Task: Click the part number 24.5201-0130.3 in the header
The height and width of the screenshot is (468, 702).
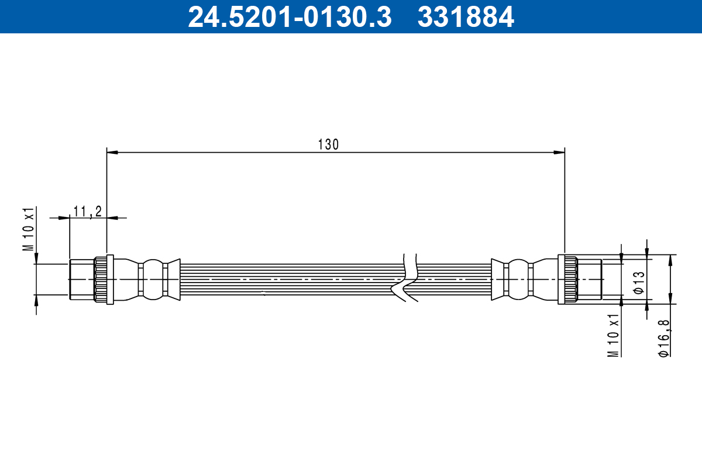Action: tap(289, 16)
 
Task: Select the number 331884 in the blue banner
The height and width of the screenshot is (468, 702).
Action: tap(466, 16)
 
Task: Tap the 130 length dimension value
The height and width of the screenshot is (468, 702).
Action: tap(328, 144)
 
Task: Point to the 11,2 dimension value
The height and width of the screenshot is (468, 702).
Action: tap(88, 211)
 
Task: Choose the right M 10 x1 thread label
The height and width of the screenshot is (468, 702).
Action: tap(613, 335)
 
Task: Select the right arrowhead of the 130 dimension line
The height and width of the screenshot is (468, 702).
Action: tap(559, 153)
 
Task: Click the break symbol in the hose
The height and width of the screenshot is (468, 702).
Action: tap(409, 278)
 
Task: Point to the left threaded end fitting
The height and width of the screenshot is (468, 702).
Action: tap(81, 280)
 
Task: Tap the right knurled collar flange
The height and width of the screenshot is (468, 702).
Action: tap(565, 280)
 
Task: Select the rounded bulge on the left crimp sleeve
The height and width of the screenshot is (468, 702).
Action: tap(153, 280)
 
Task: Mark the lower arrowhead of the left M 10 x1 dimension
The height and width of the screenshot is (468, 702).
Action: tap(36, 300)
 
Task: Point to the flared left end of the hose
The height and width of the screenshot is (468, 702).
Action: tap(173, 280)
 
